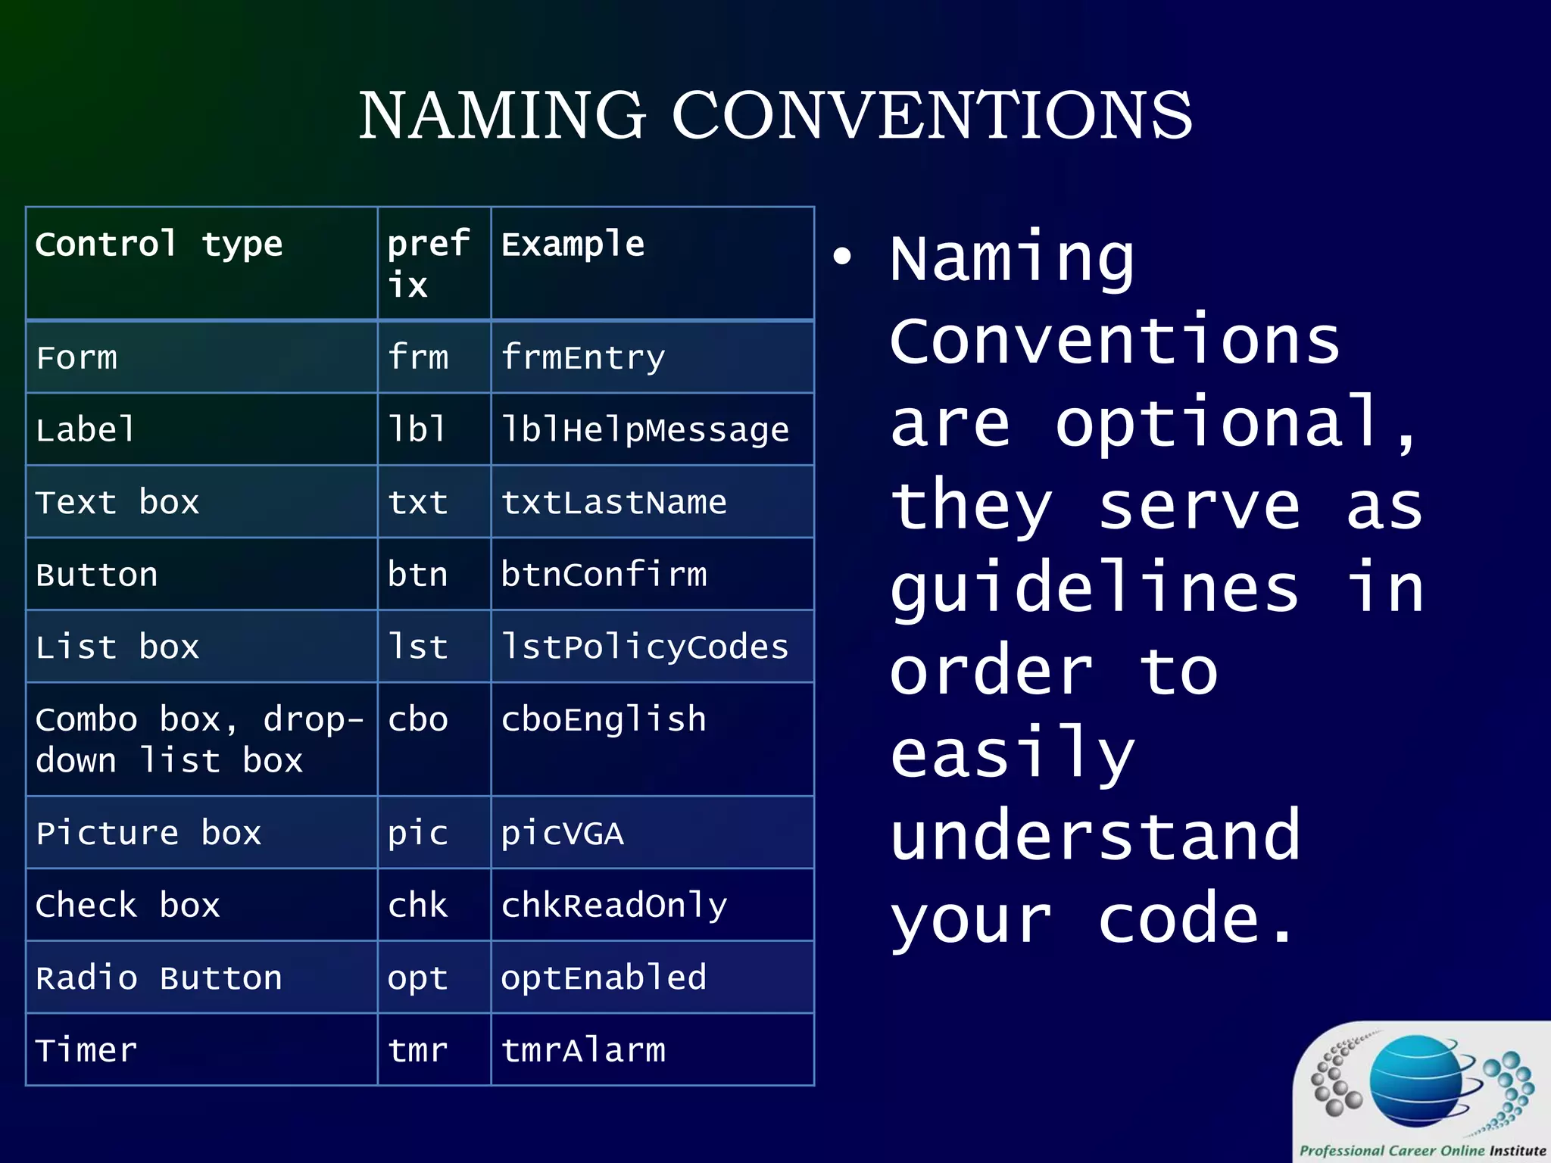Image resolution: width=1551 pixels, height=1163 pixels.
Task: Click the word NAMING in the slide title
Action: (502, 115)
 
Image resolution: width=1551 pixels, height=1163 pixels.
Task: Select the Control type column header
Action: (159, 245)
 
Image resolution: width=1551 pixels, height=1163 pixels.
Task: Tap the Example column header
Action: (573, 245)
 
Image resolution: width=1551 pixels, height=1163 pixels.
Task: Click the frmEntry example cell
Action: (583, 357)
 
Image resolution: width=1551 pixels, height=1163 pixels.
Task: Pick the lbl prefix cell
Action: (417, 430)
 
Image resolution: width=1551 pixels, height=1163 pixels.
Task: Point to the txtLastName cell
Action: (613, 503)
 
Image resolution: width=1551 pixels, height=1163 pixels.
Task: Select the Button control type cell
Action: (97, 575)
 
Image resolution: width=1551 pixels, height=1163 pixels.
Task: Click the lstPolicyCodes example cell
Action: (644, 647)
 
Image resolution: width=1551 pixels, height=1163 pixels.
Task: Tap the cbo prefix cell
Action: (417, 719)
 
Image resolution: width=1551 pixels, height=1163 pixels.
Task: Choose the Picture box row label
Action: (148, 834)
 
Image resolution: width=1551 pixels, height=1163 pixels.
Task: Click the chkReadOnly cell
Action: (613, 906)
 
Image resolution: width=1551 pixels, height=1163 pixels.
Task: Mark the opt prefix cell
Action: (417, 978)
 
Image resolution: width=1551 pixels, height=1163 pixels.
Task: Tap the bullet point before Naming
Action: (842, 256)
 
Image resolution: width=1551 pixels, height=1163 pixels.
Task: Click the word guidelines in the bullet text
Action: (1094, 589)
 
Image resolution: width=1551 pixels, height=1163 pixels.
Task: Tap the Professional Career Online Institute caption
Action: (1422, 1150)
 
